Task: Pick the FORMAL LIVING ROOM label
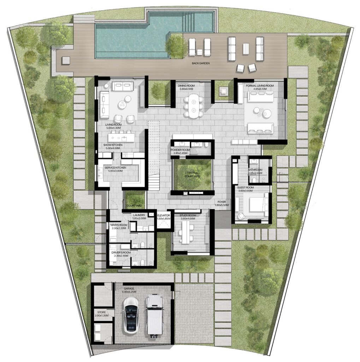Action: click(260, 85)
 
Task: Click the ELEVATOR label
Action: click(164, 215)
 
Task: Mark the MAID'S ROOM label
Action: click(116, 225)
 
